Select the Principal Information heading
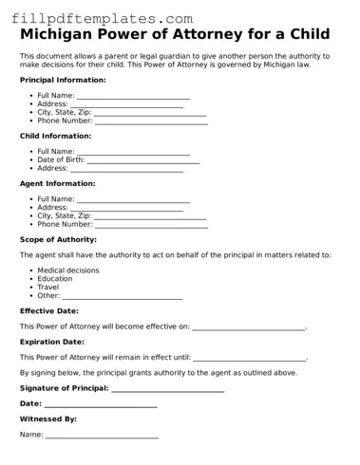(x=63, y=81)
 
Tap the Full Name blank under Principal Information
(x=133, y=97)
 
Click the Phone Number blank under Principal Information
(x=150, y=121)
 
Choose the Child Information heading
(x=55, y=136)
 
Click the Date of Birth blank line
(x=143, y=160)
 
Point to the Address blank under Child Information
(x=127, y=169)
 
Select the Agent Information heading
(x=57, y=183)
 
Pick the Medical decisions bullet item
(x=67, y=270)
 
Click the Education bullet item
(x=54, y=279)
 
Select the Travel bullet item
(x=47, y=288)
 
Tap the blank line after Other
(x=122, y=297)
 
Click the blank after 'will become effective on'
(x=249, y=327)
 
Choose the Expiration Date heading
(x=52, y=342)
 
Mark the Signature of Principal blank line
(x=168, y=389)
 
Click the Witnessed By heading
(x=48, y=418)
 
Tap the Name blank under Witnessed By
(x=102, y=436)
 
